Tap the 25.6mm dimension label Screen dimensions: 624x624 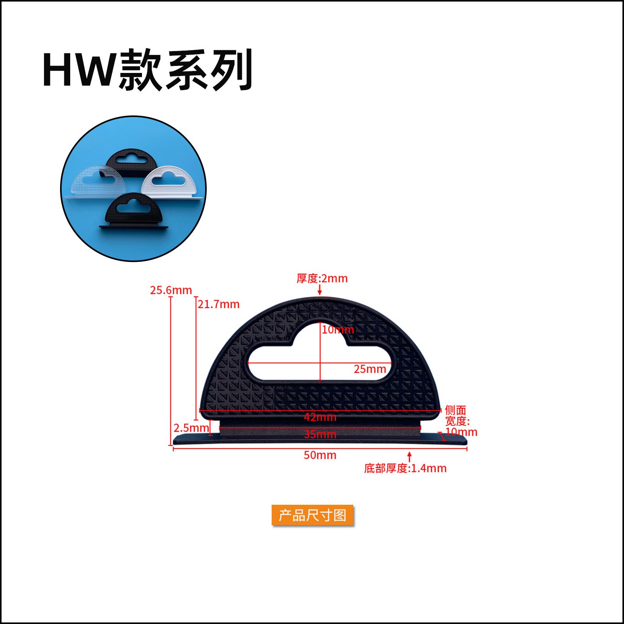[171, 290]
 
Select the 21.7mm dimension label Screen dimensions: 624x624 [218, 304]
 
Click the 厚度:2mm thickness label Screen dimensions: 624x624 [322, 278]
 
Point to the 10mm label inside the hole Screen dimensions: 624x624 [338, 330]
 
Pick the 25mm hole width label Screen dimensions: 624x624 [370, 369]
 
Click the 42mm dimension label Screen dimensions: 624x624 [320, 417]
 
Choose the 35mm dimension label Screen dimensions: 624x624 [320, 434]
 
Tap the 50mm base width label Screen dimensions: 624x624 [320, 455]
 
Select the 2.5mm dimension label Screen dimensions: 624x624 [191, 428]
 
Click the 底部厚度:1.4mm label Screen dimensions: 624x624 [405, 468]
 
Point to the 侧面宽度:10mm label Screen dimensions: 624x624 [460, 421]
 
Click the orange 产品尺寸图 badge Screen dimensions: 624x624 [312, 515]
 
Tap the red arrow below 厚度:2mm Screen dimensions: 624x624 [320, 290]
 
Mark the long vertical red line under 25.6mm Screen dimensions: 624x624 [171, 370]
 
